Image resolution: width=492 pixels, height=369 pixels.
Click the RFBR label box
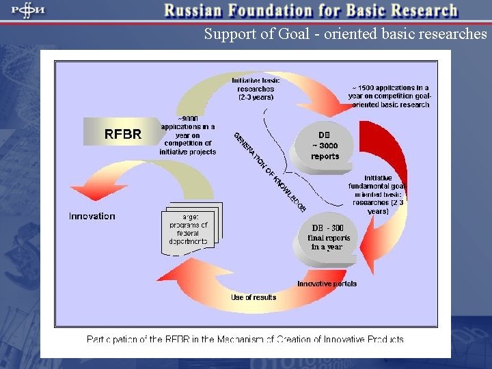coord(122,133)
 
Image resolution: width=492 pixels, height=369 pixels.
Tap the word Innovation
coord(92,216)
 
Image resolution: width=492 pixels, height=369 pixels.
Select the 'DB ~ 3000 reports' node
coord(325,146)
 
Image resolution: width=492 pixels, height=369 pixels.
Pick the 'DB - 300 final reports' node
coord(330,237)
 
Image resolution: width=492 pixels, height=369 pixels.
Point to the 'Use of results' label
coord(254,297)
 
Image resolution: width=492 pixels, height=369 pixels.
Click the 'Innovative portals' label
coord(327,284)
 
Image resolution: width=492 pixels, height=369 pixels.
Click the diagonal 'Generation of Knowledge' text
coord(269,170)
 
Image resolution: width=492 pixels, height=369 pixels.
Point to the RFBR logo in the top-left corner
coord(27,11)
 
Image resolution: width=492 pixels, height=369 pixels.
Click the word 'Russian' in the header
coord(198,11)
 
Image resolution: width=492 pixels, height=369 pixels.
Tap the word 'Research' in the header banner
coord(422,11)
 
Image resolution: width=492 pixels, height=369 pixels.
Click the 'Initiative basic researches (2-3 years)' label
coord(256,89)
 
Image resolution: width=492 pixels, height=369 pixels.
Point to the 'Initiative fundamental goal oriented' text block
coord(378,194)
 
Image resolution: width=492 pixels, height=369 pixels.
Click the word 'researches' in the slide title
coord(452,34)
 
